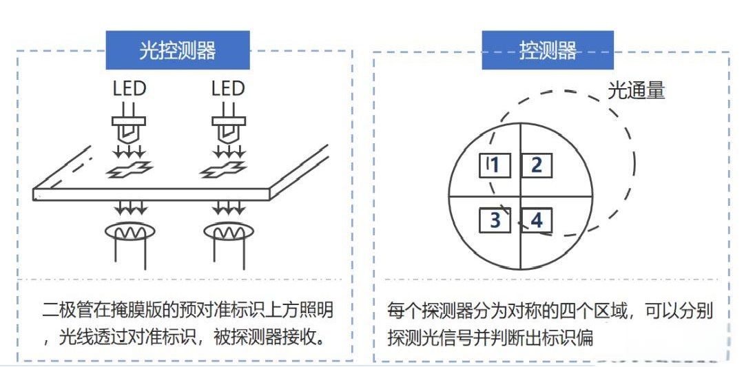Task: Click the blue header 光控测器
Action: [177, 50]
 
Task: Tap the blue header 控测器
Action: [548, 50]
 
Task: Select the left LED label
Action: [129, 89]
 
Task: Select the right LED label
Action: [228, 89]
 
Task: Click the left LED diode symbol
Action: [129, 124]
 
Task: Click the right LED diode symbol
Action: [228, 124]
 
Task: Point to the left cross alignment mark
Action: [129, 170]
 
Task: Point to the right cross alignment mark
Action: [223, 169]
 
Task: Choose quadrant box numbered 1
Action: [495, 165]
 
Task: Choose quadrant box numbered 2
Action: [536, 165]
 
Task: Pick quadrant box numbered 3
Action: [495, 220]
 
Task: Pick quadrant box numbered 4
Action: [536, 220]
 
